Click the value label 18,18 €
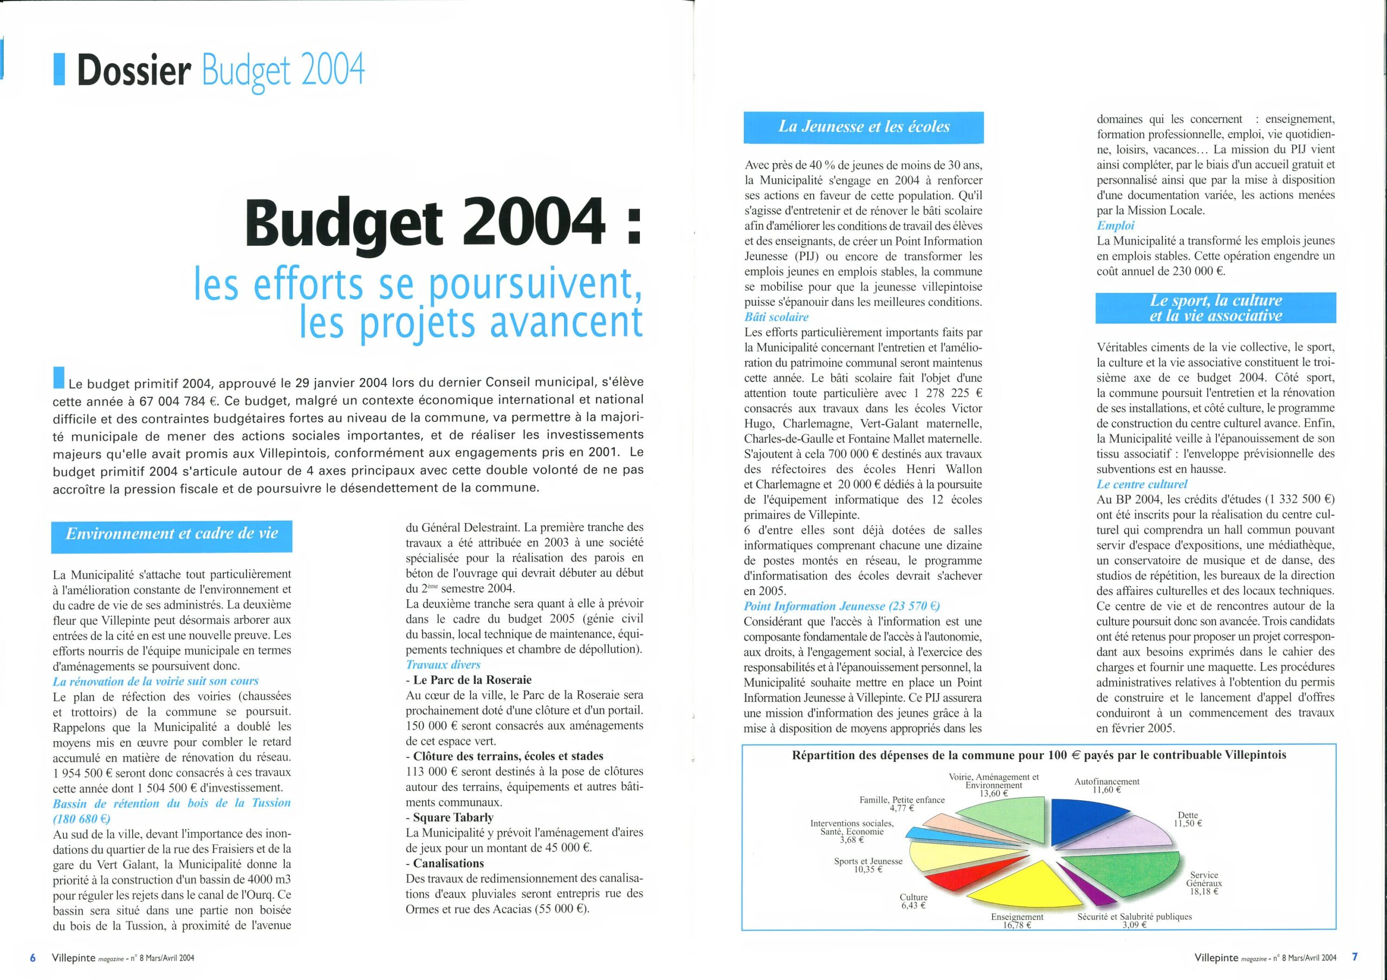pos(1204,891)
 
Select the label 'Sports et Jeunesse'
pos(868,861)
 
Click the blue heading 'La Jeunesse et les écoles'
pos(863,127)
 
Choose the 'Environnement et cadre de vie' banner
pos(172,534)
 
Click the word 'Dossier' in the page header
pos(133,70)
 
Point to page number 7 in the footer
pos(1355,957)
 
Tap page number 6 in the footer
pos(33,957)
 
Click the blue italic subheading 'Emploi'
pos(1115,226)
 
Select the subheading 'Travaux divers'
pos(443,665)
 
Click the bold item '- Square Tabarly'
pos(450,818)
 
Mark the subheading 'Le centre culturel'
pos(1142,484)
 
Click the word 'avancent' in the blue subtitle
pos(565,323)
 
